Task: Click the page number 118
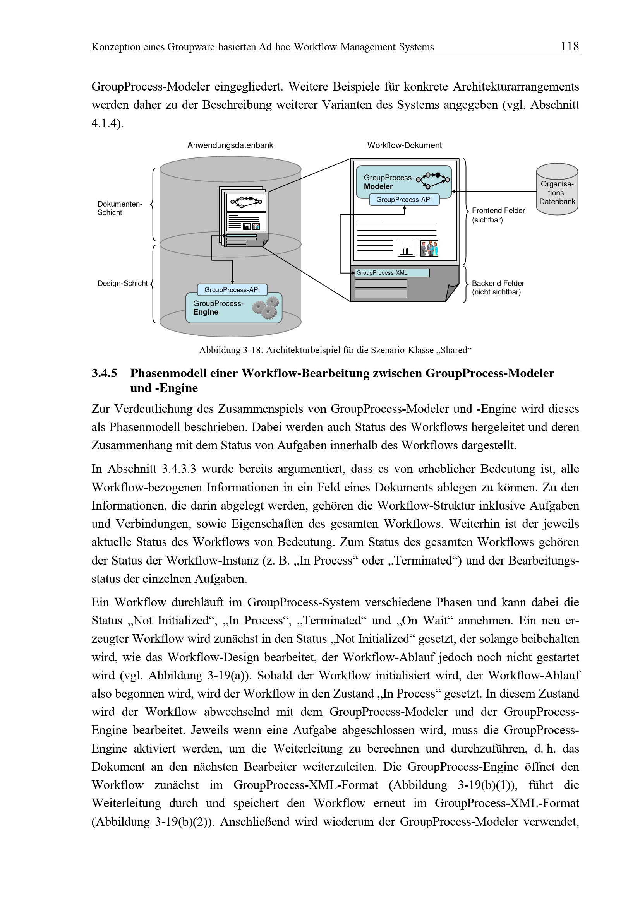(x=570, y=46)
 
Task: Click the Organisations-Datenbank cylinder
(x=557, y=190)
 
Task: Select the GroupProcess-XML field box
(x=391, y=273)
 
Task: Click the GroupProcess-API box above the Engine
(x=232, y=290)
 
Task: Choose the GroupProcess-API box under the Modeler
(x=404, y=200)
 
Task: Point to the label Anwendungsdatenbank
(x=230, y=145)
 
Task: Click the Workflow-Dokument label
(x=404, y=145)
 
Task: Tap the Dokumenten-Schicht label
(x=120, y=208)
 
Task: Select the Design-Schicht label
(x=122, y=283)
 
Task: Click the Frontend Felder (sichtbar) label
(x=498, y=215)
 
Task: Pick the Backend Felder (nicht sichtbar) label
(x=498, y=287)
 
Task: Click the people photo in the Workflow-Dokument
(x=429, y=249)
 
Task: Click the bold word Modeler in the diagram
(x=378, y=187)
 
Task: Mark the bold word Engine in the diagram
(x=206, y=312)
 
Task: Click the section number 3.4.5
(x=104, y=373)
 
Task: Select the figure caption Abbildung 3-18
(x=335, y=350)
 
